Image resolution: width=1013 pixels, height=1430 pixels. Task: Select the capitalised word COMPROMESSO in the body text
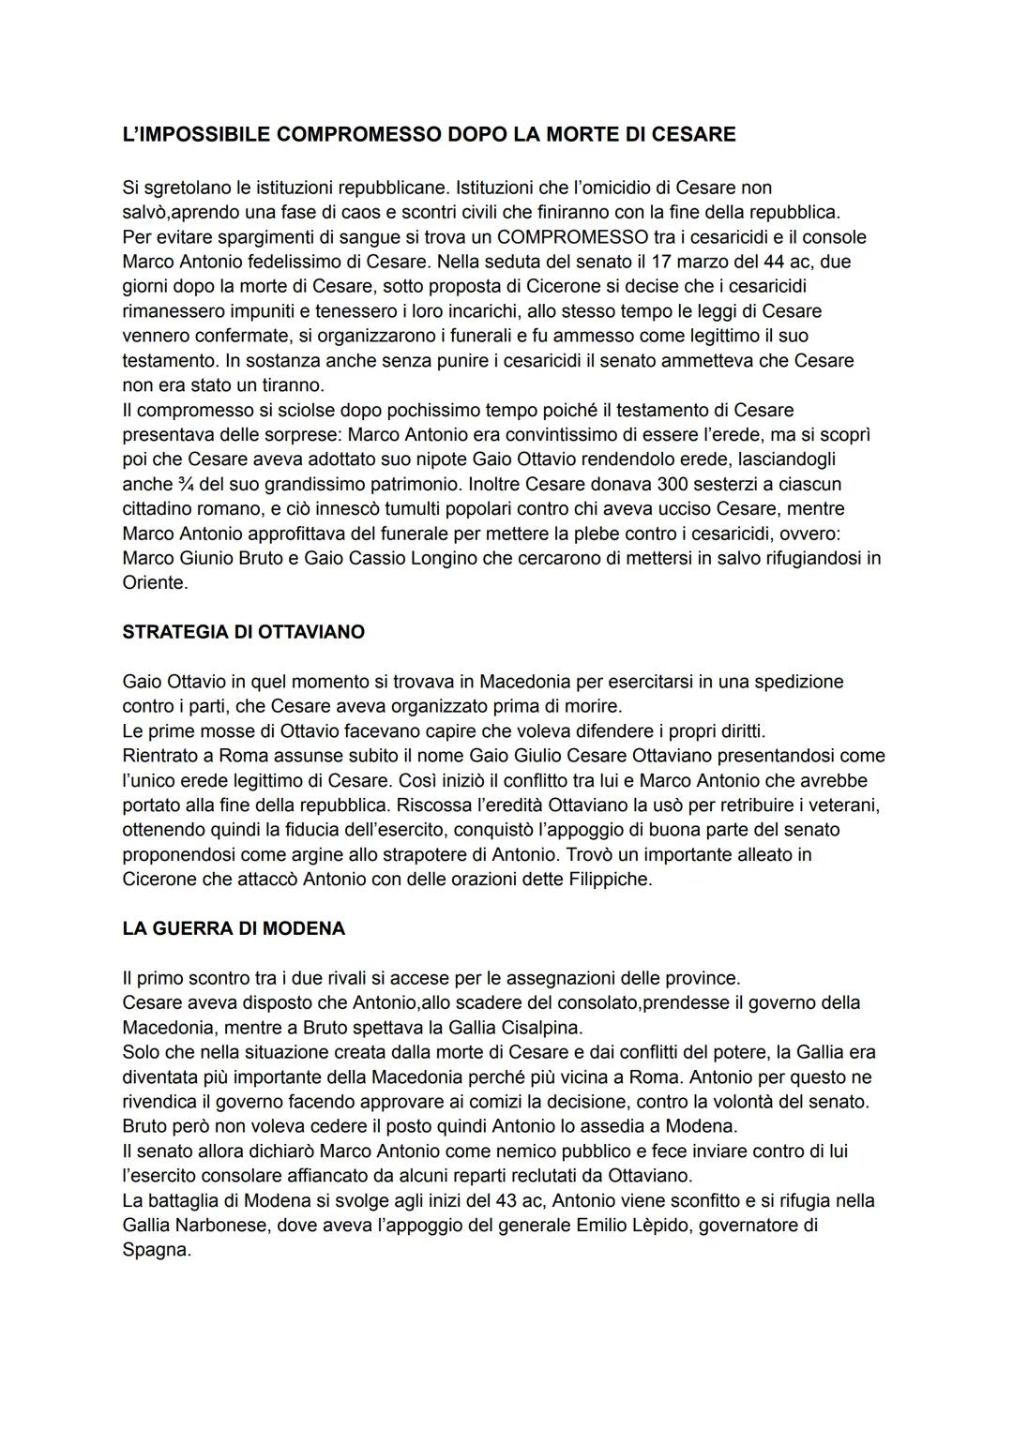(572, 236)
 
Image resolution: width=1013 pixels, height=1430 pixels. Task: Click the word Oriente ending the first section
(154, 582)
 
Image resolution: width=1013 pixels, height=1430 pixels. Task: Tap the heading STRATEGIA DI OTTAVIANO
(243, 632)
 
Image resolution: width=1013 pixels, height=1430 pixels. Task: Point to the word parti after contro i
(204, 706)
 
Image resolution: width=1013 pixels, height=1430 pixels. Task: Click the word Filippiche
(609, 879)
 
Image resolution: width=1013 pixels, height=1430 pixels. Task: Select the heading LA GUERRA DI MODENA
(234, 928)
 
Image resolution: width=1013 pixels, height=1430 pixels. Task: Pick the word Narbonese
(223, 1225)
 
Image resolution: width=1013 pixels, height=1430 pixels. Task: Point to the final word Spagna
(156, 1250)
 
